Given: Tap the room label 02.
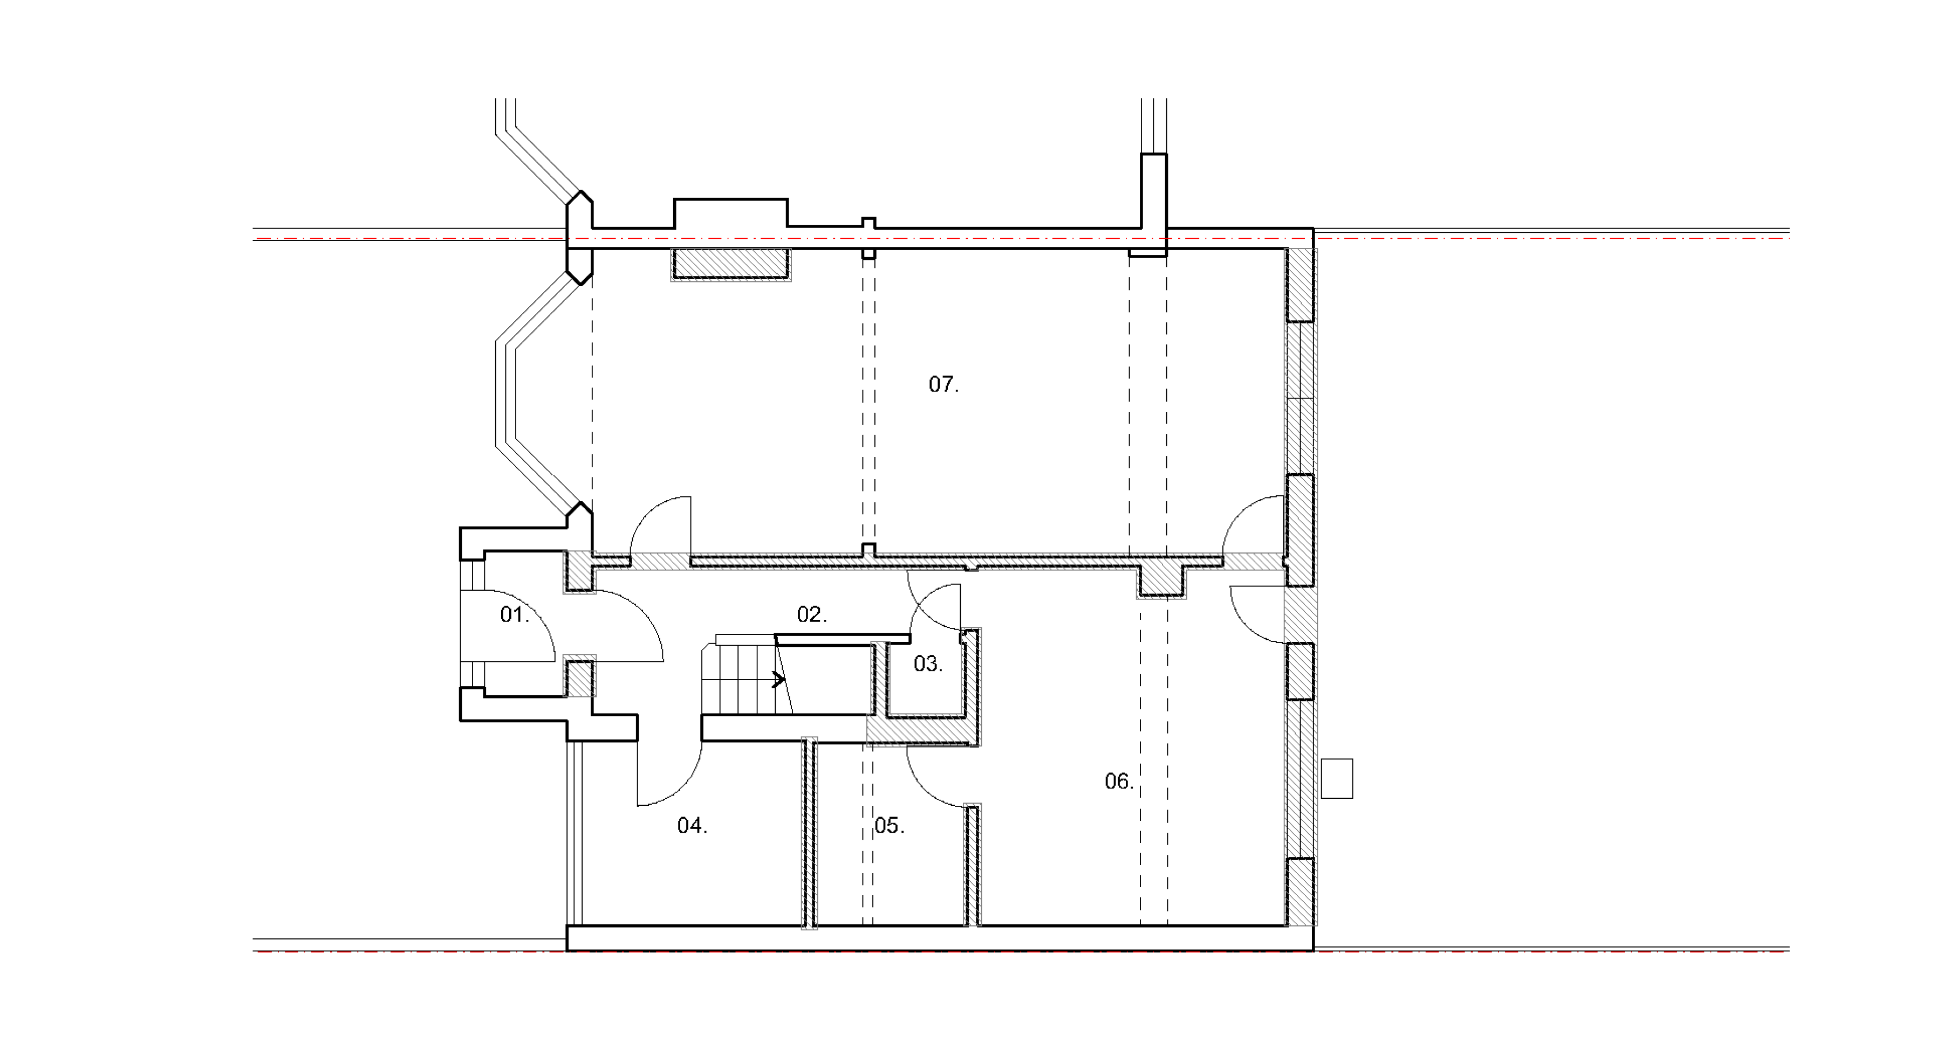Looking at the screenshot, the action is (812, 615).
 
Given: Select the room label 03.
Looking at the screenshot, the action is (928, 664).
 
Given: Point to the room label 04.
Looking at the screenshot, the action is (692, 826).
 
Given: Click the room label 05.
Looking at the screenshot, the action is (890, 826).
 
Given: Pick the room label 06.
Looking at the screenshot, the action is (1119, 782).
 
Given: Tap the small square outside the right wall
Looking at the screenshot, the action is (1337, 778).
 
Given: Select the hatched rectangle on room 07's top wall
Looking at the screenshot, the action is (730, 265).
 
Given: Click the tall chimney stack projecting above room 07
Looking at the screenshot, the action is (1153, 191).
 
